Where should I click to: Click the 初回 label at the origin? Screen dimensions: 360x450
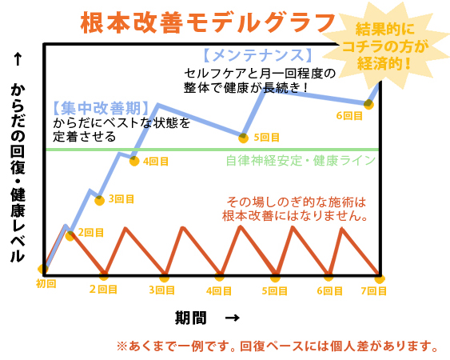[46, 283]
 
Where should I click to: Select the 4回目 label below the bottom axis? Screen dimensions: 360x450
[219, 290]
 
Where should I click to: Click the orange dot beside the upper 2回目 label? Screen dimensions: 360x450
[70, 234]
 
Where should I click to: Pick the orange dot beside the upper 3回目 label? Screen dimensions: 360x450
[99, 200]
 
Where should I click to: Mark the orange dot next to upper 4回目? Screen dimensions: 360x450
[135, 160]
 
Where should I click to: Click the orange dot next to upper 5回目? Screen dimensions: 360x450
[245, 137]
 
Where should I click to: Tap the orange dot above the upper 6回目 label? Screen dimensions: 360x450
[368, 103]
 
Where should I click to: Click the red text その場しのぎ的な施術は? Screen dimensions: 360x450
[297, 201]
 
